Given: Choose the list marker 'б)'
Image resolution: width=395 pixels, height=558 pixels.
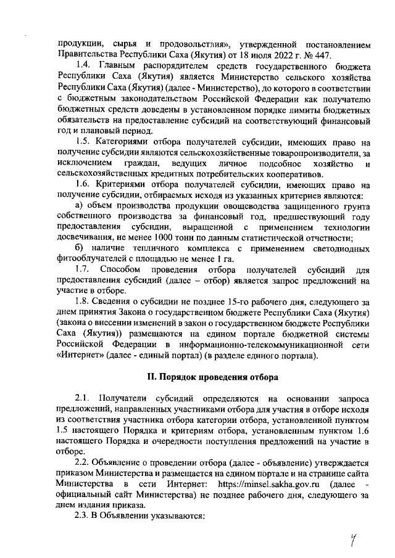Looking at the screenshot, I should tap(79, 248).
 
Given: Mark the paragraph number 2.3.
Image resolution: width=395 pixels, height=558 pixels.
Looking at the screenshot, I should tap(83, 516).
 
